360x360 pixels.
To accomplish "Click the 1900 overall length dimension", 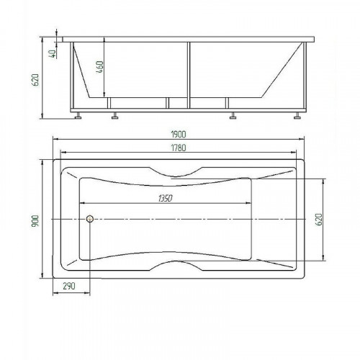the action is (x=179, y=135).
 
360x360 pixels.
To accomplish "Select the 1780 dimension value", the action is (x=179, y=148).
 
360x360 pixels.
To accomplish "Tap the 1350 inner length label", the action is (x=165, y=198).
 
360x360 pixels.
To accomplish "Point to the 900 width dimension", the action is (x=35, y=220).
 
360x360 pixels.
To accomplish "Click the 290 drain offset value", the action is (x=69, y=286).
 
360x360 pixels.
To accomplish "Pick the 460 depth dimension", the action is (x=100, y=67).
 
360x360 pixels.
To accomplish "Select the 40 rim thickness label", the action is (x=53, y=54).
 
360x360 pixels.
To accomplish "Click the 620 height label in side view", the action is (x=35, y=80).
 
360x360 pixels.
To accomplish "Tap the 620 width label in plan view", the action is (x=318, y=220).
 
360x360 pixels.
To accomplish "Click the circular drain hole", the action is (x=90, y=219).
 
